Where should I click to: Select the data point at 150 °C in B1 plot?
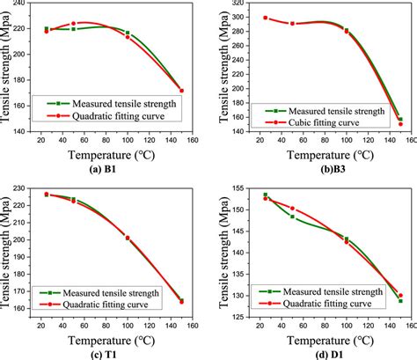[181, 91]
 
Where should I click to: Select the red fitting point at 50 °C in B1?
[73, 24]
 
